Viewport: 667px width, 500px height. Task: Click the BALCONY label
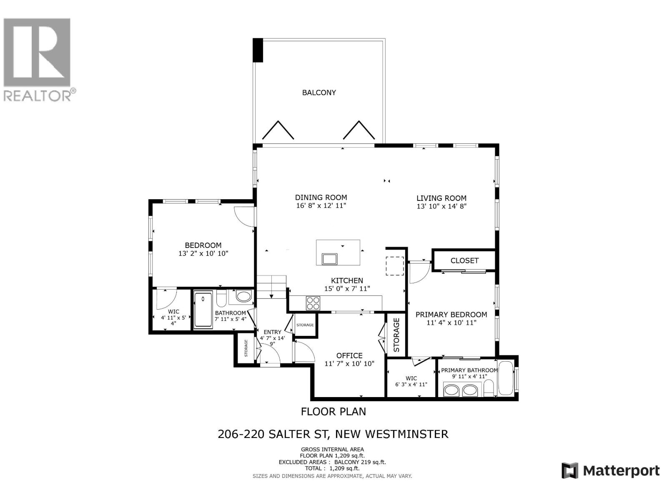[319, 92]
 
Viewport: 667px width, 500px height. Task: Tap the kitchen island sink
[329, 259]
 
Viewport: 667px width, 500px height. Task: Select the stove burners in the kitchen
[313, 302]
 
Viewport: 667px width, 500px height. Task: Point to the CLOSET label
[464, 260]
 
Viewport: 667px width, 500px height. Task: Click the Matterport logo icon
[569, 470]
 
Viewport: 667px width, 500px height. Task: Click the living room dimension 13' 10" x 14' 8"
[441, 206]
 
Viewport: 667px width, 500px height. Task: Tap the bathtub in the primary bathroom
[506, 378]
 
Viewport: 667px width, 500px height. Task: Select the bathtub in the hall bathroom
[203, 309]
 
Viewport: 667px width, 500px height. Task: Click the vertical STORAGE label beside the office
[396, 335]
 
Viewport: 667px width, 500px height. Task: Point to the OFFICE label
[349, 355]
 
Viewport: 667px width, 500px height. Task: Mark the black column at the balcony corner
[258, 50]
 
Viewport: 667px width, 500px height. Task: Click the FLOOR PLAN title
[333, 412]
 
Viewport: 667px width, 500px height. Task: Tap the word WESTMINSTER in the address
[406, 434]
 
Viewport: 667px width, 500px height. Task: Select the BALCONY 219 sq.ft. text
[360, 462]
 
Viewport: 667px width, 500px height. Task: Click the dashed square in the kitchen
[395, 266]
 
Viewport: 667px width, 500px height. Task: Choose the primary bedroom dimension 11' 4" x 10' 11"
[451, 322]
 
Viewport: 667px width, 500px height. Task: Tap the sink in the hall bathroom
[244, 296]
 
